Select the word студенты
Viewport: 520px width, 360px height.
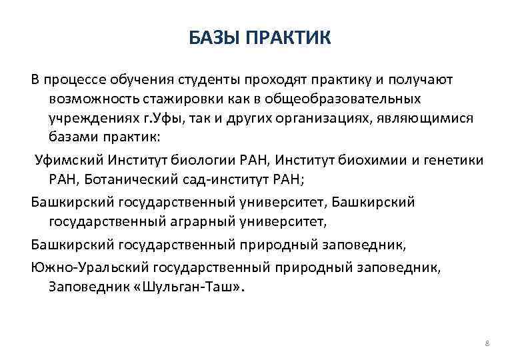[x=207, y=80]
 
